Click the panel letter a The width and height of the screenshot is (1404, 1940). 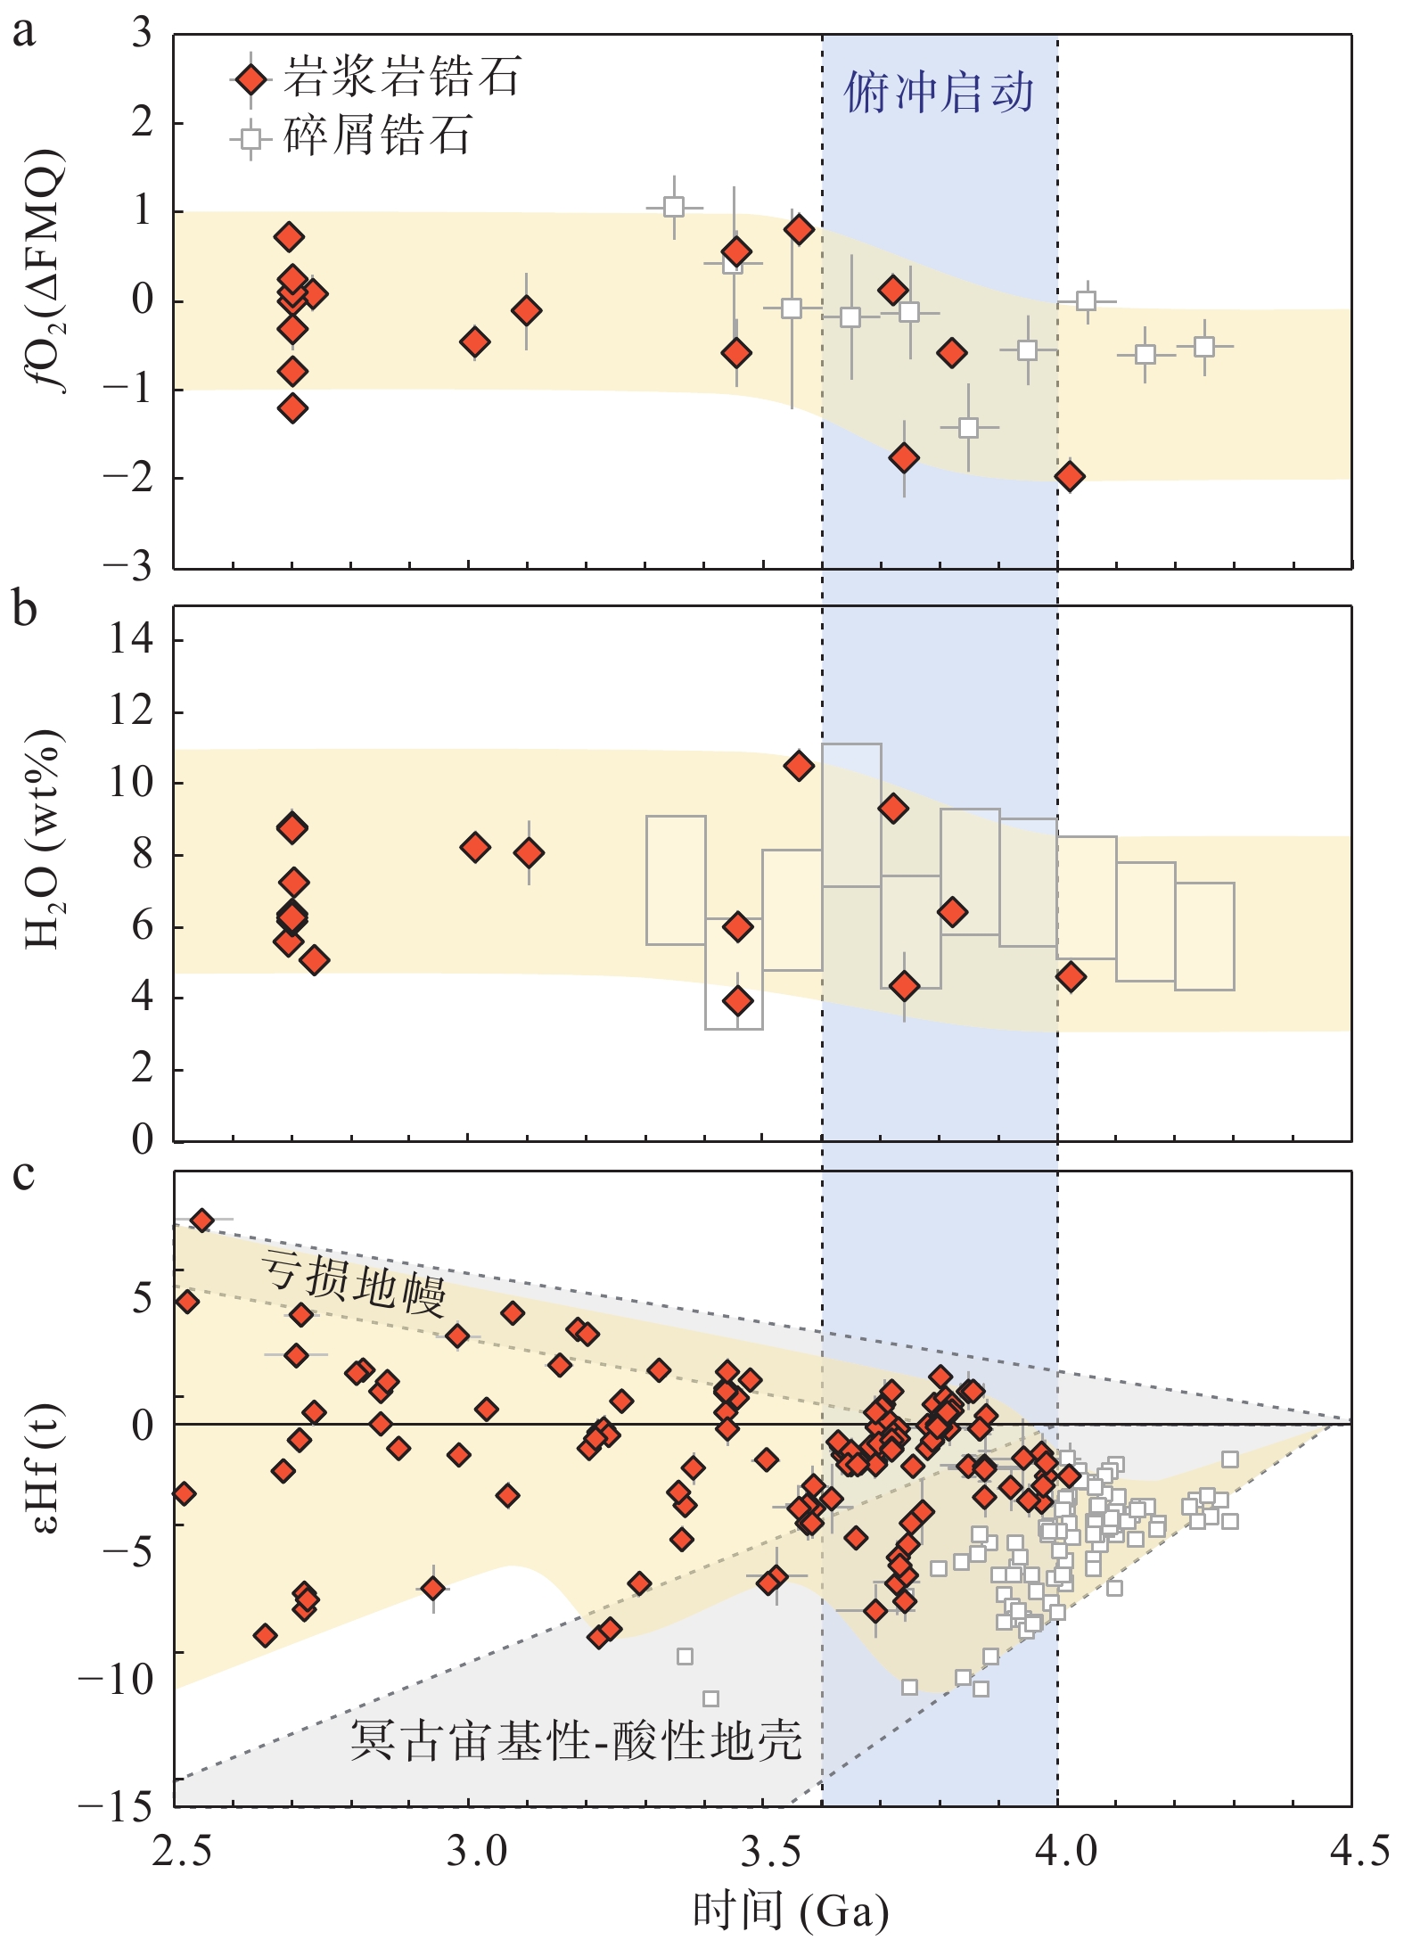(24, 32)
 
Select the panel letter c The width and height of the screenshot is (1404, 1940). (24, 1175)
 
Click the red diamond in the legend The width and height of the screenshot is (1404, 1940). (252, 80)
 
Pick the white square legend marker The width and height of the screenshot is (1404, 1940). (252, 138)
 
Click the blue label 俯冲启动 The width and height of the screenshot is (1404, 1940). (939, 93)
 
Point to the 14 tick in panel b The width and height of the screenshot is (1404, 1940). (132, 639)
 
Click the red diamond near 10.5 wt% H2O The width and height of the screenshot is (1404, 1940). (799, 766)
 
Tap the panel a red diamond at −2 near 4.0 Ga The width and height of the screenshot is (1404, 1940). (1070, 476)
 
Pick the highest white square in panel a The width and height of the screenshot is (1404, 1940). (674, 207)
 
